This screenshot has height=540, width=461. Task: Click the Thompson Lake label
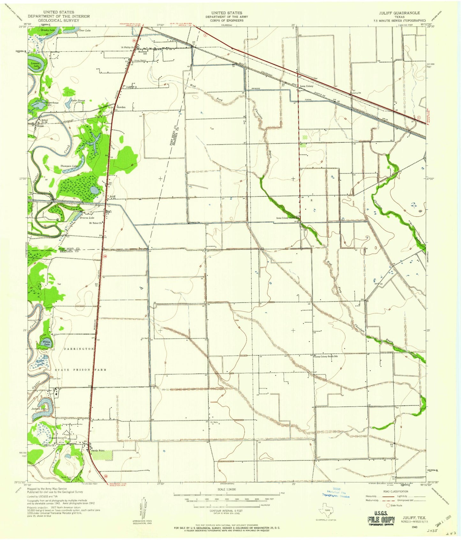click(69, 166)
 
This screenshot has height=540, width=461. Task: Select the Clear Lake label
click(85, 30)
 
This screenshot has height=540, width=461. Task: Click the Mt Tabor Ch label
click(95, 223)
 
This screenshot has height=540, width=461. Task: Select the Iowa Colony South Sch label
click(326, 356)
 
